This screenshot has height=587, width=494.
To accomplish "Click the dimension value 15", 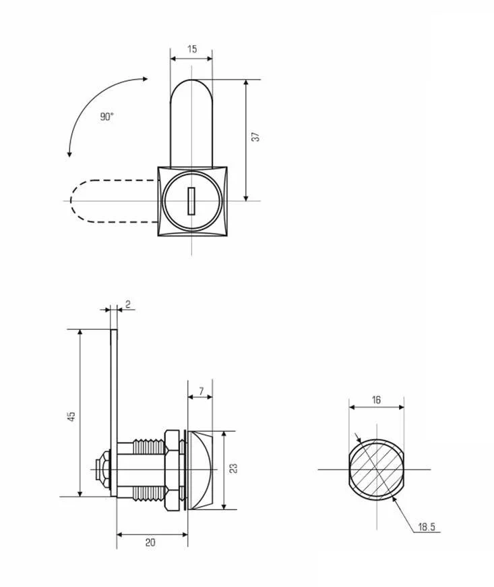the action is (x=192, y=49).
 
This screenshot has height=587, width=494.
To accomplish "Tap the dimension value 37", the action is (x=255, y=137).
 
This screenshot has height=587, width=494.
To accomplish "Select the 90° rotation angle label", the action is (x=106, y=117).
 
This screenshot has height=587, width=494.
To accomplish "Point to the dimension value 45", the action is (x=71, y=416).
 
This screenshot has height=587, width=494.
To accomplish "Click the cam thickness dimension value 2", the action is (x=128, y=304).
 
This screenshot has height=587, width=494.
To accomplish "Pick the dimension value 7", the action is (x=202, y=391).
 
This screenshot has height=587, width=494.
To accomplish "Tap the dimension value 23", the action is (x=233, y=468).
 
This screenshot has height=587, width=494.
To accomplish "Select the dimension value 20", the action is (x=150, y=542).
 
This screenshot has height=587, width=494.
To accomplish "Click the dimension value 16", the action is (x=376, y=400).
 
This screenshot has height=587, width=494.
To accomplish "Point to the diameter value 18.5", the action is (x=427, y=527).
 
